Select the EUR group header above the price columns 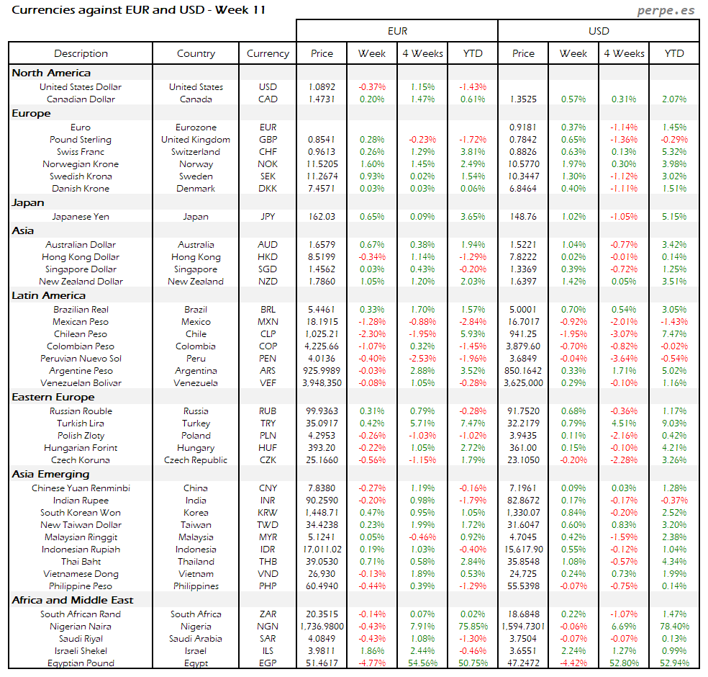coord(397,31)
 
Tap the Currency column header coord(268,53)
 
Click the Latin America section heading coord(48,295)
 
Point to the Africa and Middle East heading coord(73,600)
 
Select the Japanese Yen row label coord(81,216)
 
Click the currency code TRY coord(268,423)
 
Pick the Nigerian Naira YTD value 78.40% coord(674,627)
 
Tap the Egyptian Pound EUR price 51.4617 coord(322,663)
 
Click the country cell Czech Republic coord(196,460)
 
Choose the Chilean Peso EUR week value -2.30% coord(372,334)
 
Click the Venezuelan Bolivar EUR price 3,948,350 coord(322,383)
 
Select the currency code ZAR coord(268,614)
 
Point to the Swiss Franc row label coord(81,152)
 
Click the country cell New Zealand coord(196,282)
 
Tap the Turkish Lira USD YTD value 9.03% coord(674,423)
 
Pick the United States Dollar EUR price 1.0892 coord(322,87)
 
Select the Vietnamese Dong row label coord(81,574)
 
